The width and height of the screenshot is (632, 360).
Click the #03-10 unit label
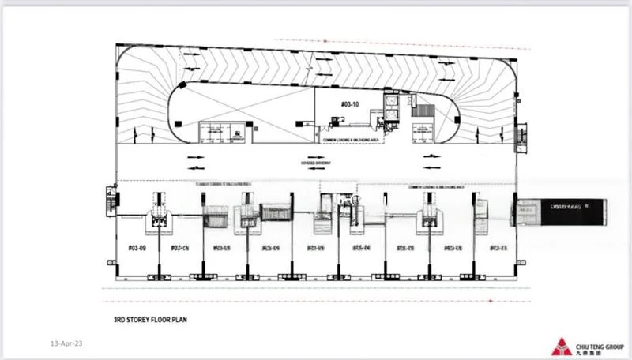point(349,103)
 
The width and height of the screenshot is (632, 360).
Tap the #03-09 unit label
point(137,247)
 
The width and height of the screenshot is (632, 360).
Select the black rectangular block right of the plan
point(562,210)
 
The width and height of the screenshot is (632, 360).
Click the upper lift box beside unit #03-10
point(391,103)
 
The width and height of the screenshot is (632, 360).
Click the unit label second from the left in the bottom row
point(178,247)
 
